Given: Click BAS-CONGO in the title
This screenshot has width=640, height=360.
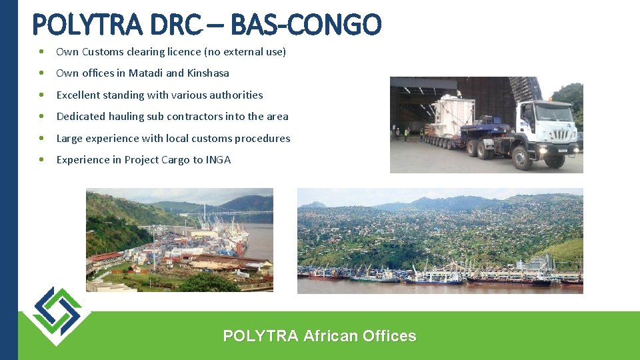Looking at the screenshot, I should (x=307, y=25).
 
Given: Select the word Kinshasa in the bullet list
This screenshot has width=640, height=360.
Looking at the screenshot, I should (x=208, y=73).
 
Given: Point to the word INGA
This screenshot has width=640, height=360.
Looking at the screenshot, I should (x=218, y=160).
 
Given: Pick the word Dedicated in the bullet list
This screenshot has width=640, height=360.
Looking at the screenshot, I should (x=81, y=117).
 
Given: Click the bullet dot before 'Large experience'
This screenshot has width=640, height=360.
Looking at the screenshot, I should (x=42, y=139).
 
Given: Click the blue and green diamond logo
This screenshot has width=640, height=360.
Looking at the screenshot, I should (x=57, y=315).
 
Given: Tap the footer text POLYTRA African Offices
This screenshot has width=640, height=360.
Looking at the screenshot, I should (x=319, y=336).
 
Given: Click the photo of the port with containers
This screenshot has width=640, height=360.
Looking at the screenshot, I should (x=179, y=240).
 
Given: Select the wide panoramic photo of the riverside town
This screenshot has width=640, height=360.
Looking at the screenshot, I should (x=439, y=240).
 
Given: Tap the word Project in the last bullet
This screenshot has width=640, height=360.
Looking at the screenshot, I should (x=143, y=160).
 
